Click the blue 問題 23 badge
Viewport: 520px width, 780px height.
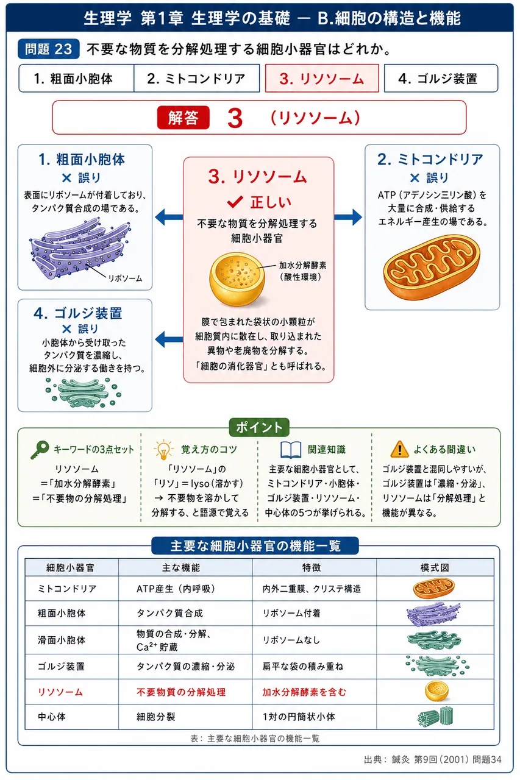(x=48, y=49)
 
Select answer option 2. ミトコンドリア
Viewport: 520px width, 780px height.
(x=197, y=79)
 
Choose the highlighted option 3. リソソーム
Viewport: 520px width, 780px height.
(x=322, y=79)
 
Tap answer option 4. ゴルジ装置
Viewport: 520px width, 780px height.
(x=441, y=79)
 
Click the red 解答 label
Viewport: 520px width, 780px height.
(x=183, y=118)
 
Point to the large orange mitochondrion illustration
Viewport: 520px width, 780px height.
(x=432, y=267)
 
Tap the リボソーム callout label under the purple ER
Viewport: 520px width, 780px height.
(x=125, y=278)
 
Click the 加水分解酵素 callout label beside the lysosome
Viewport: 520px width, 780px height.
(x=302, y=265)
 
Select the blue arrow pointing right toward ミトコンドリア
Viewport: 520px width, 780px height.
(x=348, y=218)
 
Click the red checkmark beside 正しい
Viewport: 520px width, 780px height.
(x=235, y=202)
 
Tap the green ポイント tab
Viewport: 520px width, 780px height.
(x=259, y=427)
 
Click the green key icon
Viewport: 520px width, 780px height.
(x=40, y=450)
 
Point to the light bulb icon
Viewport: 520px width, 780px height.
(x=163, y=450)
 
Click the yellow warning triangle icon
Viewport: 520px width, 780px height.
(x=399, y=449)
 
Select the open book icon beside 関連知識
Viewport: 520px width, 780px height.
(x=291, y=450)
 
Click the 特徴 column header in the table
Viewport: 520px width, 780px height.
(x=312, y=568)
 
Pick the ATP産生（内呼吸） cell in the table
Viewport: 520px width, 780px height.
(x=176, y=589)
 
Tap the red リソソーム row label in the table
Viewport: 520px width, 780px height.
(x=60, y=692)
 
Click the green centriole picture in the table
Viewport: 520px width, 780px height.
(x=436, y=716)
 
